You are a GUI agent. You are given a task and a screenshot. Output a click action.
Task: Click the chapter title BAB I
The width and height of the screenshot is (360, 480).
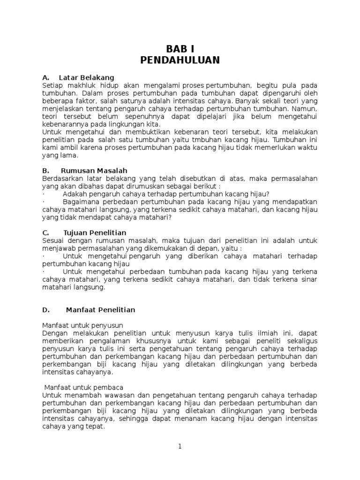click(x=180, y=49)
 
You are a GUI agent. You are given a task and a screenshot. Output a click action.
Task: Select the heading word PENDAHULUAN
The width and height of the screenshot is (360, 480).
click(x=180, y=60)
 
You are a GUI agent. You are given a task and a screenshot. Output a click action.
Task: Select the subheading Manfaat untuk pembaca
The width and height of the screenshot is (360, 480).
click(x=83, y=388)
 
